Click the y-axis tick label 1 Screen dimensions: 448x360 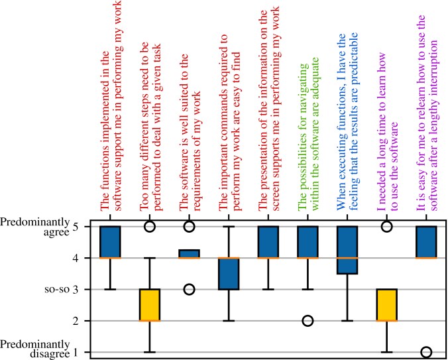(75, 353)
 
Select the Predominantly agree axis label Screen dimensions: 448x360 (34, 227)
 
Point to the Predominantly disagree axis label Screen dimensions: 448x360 (34, 348)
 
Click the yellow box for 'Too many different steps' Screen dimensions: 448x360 (149, 305)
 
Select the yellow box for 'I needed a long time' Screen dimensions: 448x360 (386, 305)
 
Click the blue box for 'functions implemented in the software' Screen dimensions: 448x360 (110, 242)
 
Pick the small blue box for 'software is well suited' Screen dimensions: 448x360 (189, 254)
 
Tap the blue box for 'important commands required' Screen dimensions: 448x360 (229, 274)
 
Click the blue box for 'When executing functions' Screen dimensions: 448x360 (347, 250)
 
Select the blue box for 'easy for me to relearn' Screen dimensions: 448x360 (426, 242)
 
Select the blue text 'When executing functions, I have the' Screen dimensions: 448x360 (341, 123)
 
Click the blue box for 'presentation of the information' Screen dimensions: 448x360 (268, 242)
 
